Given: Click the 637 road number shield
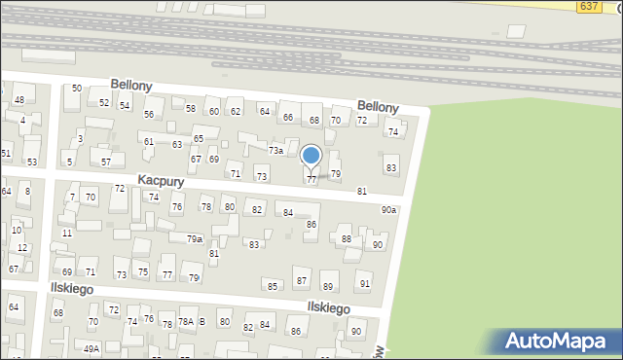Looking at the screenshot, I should [x=588, y=6].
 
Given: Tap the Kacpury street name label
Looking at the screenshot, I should [x=161, y=181].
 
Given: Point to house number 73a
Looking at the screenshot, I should [x=275, y=151].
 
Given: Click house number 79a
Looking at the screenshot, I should [x=194, y=238].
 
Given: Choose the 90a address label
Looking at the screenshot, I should [x=388, y=210].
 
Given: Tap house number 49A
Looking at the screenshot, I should [x=92, y=349].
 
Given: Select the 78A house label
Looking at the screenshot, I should [x=185, y=323].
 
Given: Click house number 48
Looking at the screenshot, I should [x=19, y=100].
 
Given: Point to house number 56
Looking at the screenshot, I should [x=149, y=115].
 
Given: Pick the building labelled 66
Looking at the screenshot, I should [x=288, y=118].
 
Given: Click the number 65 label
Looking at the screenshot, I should [x=199, y=140].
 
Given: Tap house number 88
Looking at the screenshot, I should [x=346, y=239].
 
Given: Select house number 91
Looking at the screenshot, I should [x=364, y=284].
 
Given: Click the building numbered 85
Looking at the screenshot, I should [x=273, y=286].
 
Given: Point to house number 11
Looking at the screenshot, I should [x=66, y=234].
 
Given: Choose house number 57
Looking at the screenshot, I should [x=106, y=162].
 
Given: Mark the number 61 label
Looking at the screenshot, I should [x=149, y=142].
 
